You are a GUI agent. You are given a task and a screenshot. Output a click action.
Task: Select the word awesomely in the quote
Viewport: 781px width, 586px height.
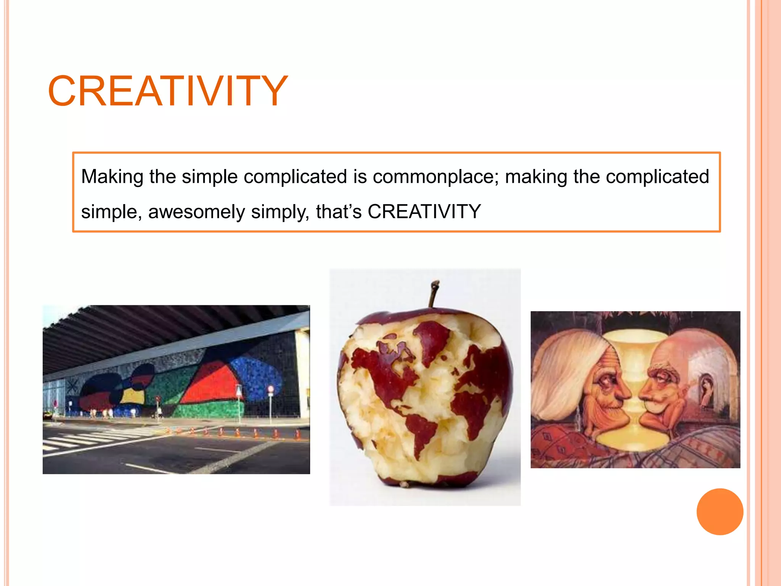(196, 212)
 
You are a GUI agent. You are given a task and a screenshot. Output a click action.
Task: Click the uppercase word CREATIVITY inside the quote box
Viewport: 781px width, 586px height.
(424, 212)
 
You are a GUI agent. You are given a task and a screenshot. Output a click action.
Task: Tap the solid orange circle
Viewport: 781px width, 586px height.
(720, 512)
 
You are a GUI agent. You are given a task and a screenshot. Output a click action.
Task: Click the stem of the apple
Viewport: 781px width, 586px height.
(433, 294)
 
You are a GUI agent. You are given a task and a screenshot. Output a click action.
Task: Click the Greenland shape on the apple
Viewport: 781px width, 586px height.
(433, 340)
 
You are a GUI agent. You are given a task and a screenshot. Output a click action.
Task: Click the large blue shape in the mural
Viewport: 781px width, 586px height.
(256, 372)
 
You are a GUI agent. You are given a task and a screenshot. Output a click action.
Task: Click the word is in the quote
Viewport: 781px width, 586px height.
(360, 177)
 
